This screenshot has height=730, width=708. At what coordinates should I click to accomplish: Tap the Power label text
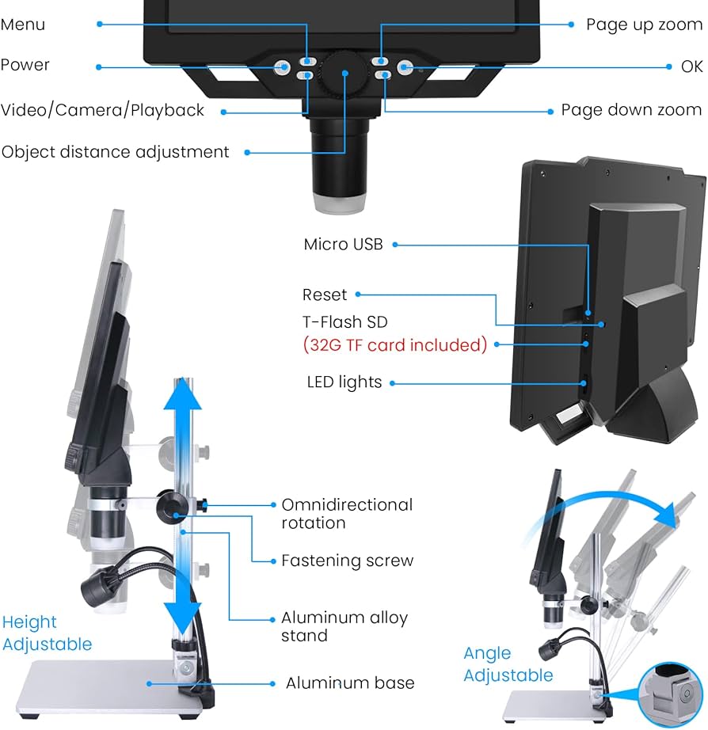(25, 65)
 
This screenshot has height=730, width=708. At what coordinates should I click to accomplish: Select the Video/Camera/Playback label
(102, 110)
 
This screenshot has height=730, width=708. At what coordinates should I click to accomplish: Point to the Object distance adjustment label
(116, 151)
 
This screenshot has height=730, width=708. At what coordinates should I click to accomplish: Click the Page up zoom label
(644, 25)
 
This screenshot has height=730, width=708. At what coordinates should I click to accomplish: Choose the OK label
(691, 67)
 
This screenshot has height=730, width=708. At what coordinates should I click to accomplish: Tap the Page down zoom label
(631, 110)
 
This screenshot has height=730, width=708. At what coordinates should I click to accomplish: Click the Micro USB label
(343, 245)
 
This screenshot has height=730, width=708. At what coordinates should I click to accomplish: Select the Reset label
(325, 295)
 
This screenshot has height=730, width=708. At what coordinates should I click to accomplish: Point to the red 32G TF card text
(394, 345)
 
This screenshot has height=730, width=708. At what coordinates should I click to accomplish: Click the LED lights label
(344, 382)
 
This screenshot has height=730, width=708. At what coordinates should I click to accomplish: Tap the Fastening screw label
(347, 561)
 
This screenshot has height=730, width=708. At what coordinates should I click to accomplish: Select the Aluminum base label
(350, 682)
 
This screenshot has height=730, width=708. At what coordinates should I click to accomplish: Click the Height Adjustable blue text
(47, 633)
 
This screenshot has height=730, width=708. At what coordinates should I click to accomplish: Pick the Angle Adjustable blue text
(508, 664)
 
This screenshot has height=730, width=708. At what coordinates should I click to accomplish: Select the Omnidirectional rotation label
(347, 514)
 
